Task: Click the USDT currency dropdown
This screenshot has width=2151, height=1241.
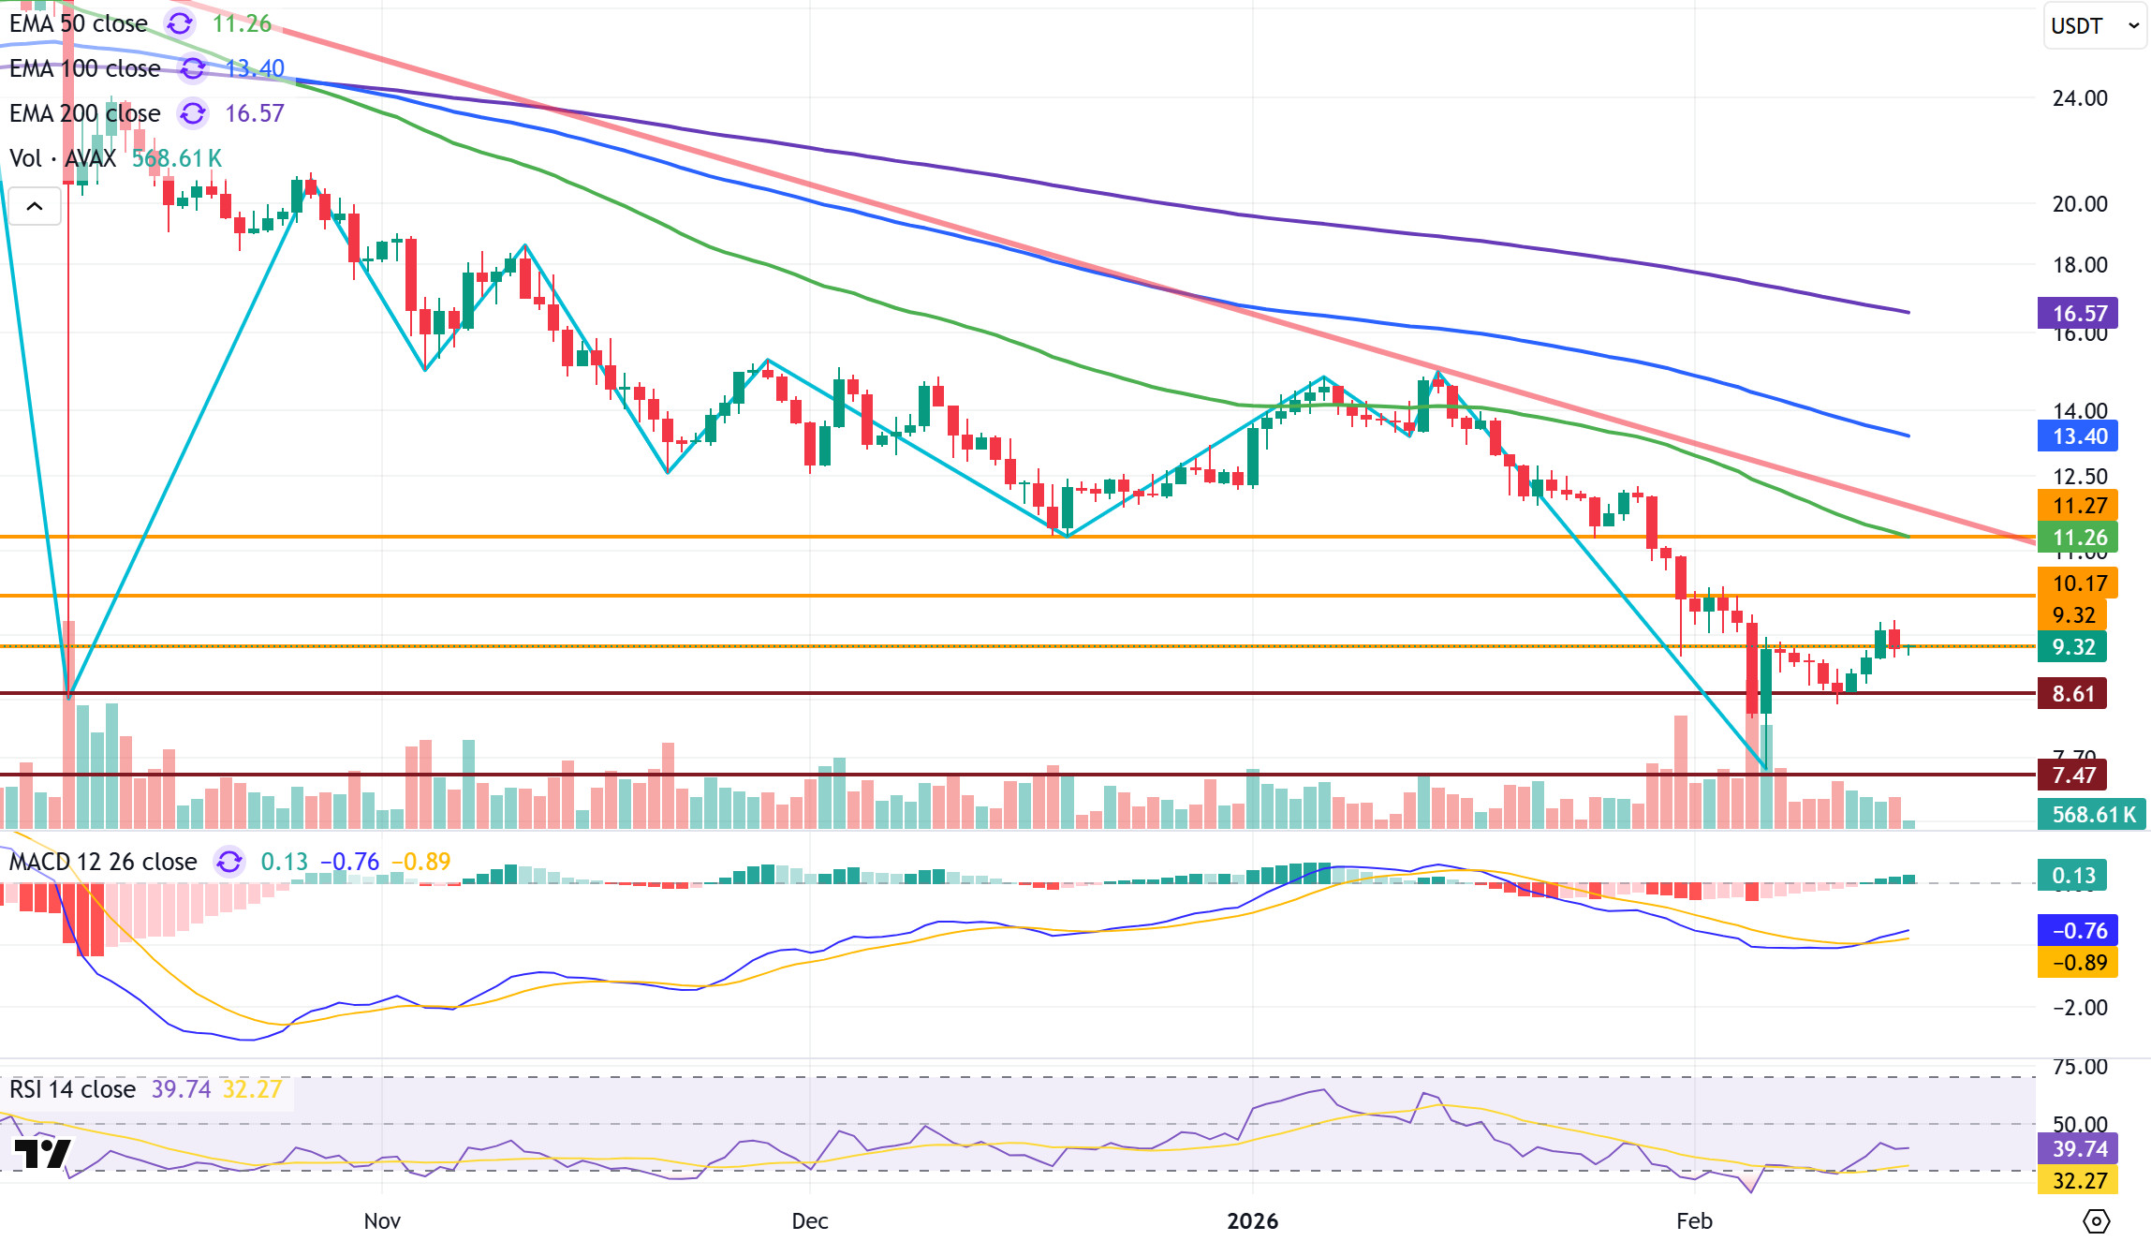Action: (2093, 26)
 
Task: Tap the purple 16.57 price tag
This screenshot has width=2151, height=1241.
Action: (2078, 314)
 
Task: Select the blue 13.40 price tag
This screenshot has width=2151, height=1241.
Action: (2078, 436)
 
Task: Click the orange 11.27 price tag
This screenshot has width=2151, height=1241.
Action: (2078, 506)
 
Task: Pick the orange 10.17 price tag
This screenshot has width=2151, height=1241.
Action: (2078, 584)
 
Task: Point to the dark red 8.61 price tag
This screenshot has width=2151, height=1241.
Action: (2072, 694)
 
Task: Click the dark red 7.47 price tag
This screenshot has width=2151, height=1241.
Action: (2072, 776)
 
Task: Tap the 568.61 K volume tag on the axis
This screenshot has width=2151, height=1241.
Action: (2093, 815)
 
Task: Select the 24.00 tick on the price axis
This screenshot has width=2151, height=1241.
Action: (2080, 98)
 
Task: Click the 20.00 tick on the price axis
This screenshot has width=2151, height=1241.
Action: (2080, 204)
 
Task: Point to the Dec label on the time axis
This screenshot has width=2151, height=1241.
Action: (809, 1221)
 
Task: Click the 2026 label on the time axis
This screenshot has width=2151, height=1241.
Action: (1252, 1221)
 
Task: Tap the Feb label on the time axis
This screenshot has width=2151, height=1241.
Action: (1694, 1221)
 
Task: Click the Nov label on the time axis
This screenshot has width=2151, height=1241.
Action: (382, 1221)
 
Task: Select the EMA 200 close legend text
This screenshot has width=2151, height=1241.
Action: (85, 113)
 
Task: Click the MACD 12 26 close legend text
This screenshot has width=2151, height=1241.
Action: (103, 862)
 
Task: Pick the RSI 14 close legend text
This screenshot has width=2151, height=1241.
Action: (73, 1089)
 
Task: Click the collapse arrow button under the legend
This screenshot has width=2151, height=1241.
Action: (35, 206)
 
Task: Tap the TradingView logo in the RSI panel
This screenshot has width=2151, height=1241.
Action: (42, 1153)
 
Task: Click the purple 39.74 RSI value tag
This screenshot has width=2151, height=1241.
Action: (2078, 1149)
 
